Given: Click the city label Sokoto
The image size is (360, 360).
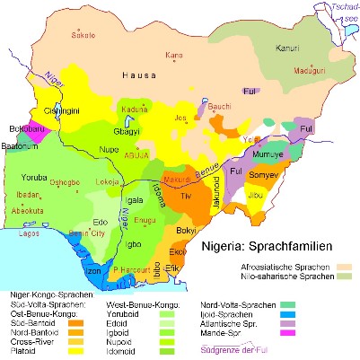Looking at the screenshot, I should coord(83,37).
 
